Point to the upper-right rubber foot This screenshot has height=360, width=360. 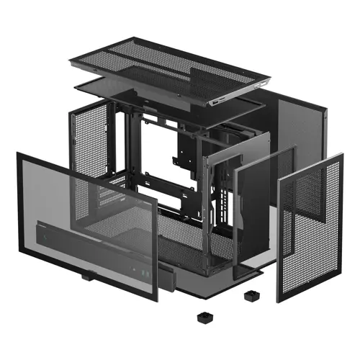coord(251,294)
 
